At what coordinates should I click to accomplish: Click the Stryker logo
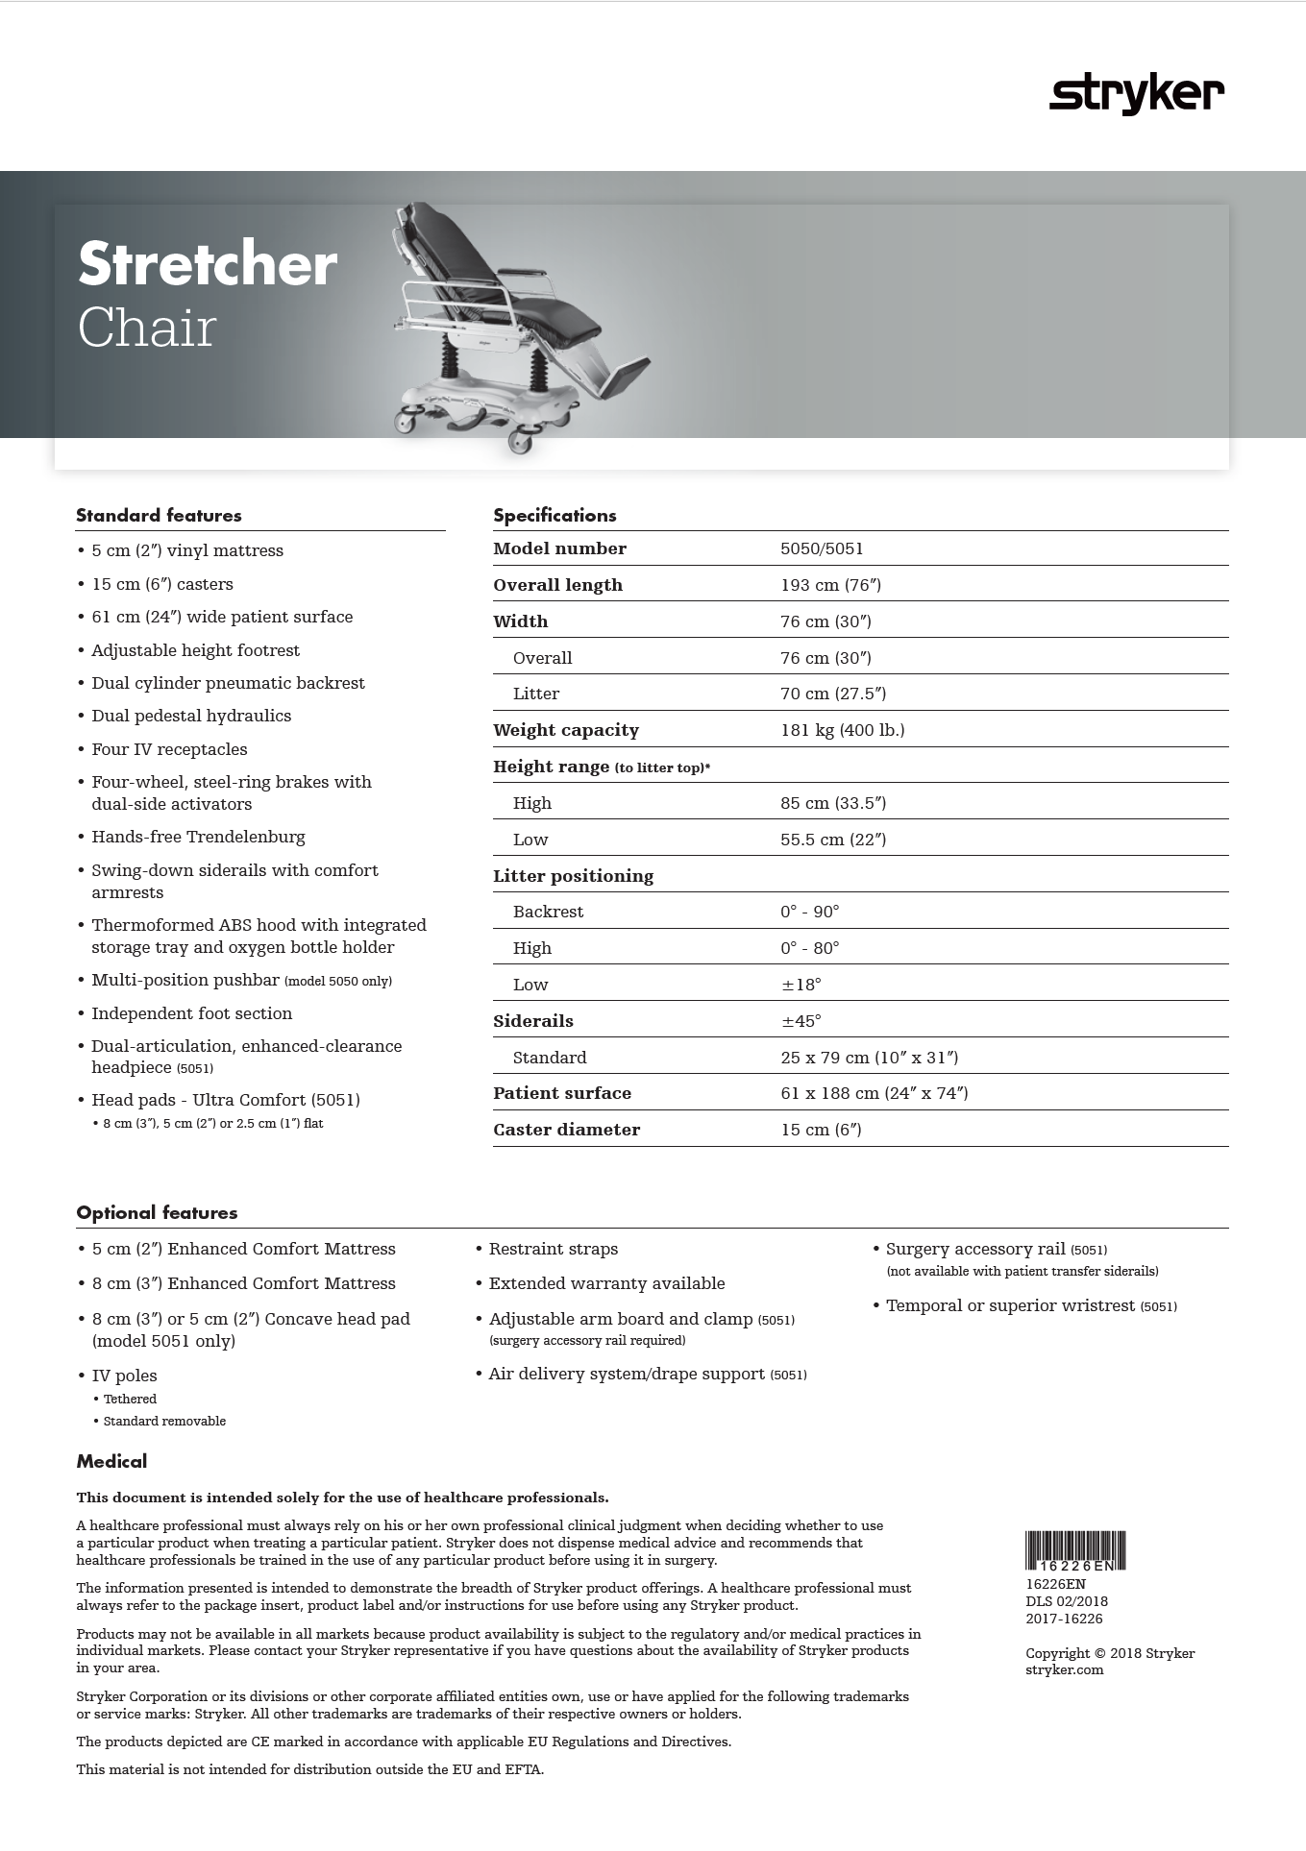click(x=1136, y=95)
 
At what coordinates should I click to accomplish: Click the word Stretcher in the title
click(x=208, y=264)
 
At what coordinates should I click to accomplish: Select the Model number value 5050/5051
click(x=822, y=548)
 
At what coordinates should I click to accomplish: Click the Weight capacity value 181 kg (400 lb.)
click(x=842, y=730)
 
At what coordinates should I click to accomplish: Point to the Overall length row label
click(x=557, y=585)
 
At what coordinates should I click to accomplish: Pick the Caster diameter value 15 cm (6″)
click(x=821, y=1130)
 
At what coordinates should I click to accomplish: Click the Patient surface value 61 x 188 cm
click(x=874, y=1093)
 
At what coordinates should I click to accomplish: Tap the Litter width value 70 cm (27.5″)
click(x=832, y=694)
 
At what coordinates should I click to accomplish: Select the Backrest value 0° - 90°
click(x=809, y=912)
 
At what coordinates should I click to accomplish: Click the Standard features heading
click(x=159, y=516)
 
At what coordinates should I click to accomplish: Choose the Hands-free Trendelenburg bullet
click(x=198, y=837)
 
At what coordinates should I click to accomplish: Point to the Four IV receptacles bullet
click(x=169, y=749)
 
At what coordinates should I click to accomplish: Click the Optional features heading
click(x=157, y=1213)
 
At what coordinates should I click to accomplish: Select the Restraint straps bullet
click(x=553, y=1249)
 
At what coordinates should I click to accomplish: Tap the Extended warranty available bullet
click(x=606, y=1283)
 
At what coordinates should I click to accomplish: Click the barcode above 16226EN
click(x=1074, y=1550)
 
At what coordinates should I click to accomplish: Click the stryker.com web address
click(x=1064, y=1669)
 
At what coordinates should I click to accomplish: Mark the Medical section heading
click(x=111, y=1462)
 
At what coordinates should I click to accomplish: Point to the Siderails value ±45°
click(x=801, y=1021)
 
